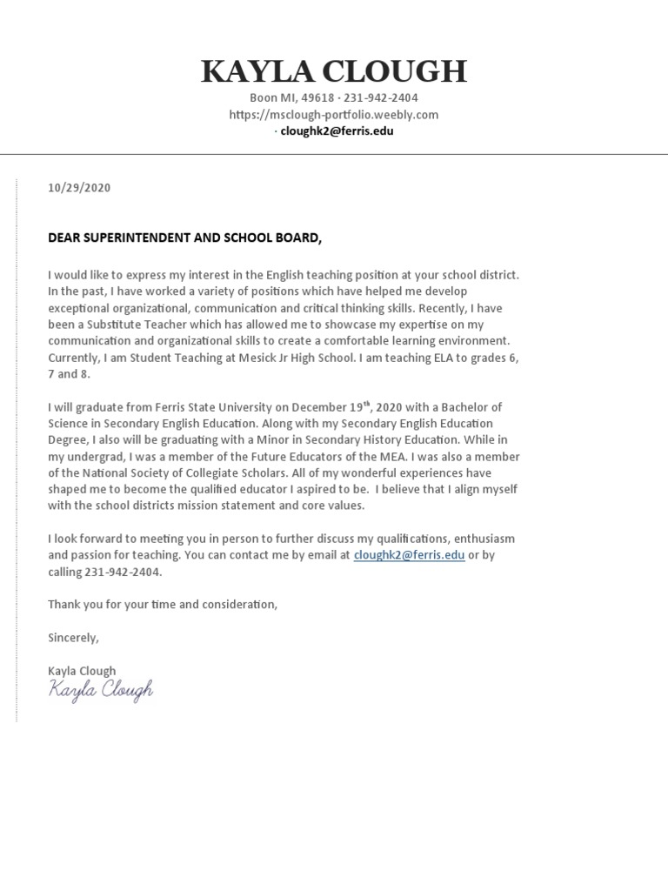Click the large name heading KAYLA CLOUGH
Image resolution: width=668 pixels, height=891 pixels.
coord(334,71)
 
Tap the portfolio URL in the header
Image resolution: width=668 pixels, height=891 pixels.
coord(334,115)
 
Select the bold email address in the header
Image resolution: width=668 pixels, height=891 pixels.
coord(337,131)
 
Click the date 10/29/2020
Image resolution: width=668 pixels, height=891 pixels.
coord(79,188)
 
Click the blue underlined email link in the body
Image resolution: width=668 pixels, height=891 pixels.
coord(409,554)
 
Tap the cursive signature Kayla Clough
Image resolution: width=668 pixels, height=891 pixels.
coord(101,691)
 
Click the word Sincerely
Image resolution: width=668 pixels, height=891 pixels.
coord(74,638)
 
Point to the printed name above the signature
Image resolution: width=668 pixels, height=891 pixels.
coord(82,671)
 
